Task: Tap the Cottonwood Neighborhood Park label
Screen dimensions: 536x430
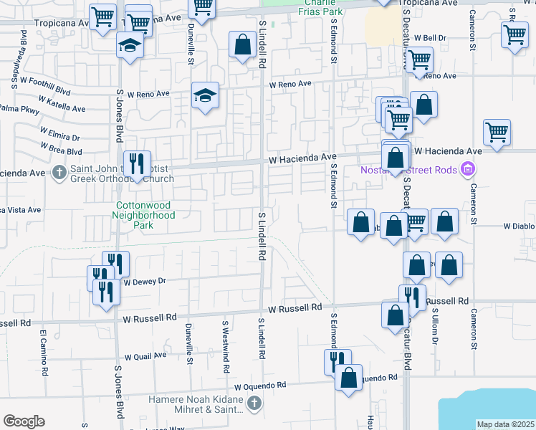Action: click(x=145, y=214)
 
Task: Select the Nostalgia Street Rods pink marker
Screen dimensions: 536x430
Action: click(x=468, y=170)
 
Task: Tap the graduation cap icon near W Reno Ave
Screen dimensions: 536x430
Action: click(x=205, y=95)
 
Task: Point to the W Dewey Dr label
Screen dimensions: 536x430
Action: click(x=144, y=282)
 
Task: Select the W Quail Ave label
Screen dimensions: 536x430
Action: click(x=145, y=356)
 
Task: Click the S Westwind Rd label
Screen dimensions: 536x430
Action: click(x=226, y=347)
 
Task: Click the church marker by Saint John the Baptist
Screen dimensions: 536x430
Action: click(x=59, y=172)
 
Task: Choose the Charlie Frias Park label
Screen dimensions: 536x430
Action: click(x=321, y=7)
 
